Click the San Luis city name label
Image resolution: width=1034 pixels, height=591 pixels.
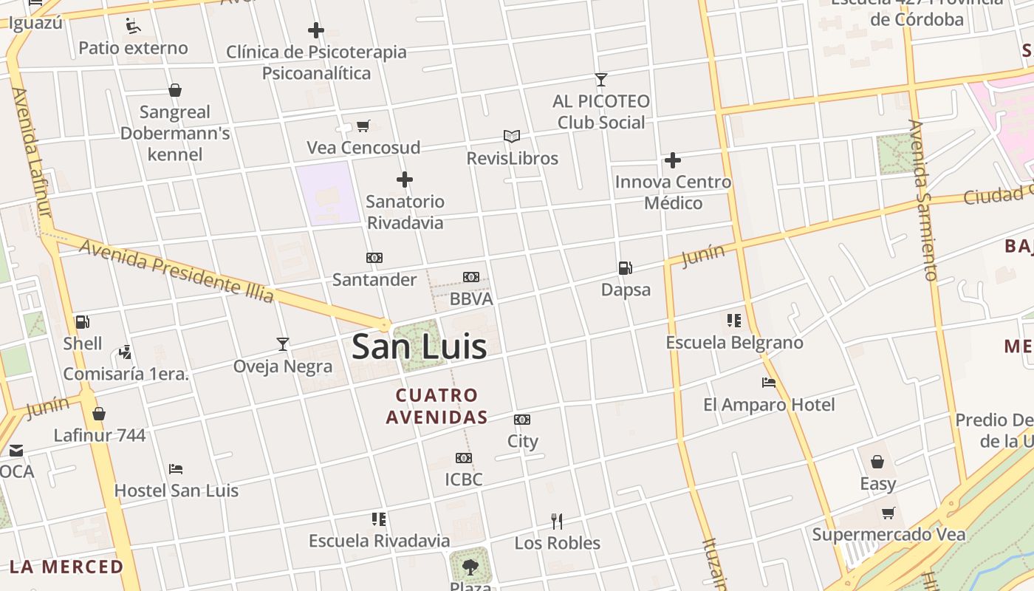[x=419, y=346]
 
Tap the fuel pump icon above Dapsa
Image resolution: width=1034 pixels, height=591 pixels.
[x=626, y=268]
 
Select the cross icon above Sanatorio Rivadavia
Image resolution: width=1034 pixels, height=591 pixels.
[x=405, y=180]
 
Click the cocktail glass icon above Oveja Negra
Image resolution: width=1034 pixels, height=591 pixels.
[x=282, y=344]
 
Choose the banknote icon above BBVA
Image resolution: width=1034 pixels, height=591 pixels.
[x=471, y=277]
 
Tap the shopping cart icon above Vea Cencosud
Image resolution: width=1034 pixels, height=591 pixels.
[x=363, y=126]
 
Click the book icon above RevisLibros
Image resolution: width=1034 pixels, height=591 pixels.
[x=512, y=137]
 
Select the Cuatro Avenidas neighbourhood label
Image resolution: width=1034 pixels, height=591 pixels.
[x=436, y=406]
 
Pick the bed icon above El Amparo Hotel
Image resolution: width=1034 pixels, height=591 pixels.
[x=769, y=383]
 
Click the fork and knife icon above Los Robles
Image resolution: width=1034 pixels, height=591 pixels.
[x=557, y=522]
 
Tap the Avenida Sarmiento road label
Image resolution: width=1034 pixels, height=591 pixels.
[x=923, y=199]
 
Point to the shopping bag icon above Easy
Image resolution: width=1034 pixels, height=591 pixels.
[x=877, y=462]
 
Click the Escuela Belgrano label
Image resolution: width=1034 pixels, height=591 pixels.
[x=734, y=343]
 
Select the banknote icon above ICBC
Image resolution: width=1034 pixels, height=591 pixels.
[x=464, y=458]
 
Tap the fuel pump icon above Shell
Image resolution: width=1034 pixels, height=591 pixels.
[x=83, y=322]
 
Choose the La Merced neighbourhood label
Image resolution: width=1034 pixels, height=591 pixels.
[x=66, y=567]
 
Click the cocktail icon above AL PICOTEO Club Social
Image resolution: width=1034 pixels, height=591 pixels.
[x=601, y=79]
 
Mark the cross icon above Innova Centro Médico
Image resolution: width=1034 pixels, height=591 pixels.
[x=673, y=160]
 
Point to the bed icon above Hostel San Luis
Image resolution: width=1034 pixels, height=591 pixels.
[x=176, y=469]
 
